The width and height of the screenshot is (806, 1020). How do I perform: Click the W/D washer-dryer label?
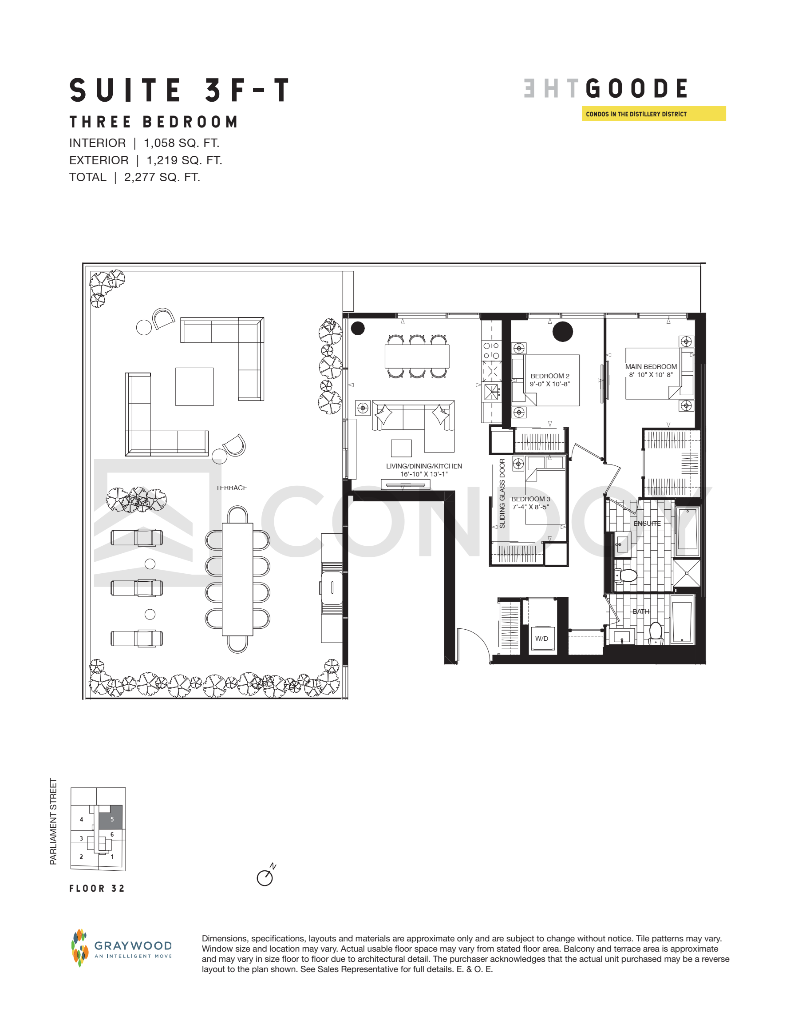tap(541, 639)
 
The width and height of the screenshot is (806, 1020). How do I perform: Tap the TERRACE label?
tap(231, 488)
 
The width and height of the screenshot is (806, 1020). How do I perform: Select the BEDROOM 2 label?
tap(550, 376)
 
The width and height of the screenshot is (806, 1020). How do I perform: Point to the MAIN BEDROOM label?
tap(651, 367)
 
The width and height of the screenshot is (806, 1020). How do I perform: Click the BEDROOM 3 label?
tap(530, 499)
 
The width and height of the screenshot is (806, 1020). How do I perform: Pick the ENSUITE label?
tap(647, 524)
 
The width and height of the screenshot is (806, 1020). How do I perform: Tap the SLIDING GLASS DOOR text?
tap(502, 493)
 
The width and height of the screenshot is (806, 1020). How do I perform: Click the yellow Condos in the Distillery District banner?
tap(654, 114)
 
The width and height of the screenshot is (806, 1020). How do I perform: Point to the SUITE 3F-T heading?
tap(179, 90)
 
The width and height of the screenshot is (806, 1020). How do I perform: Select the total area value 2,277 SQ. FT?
tap(162, 178)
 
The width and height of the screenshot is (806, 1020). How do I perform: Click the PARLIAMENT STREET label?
tap(53, 822)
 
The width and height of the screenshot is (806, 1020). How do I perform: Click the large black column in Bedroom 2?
tap(562, 331)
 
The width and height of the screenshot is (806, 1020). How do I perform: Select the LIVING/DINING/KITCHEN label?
tap(424, 466)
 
